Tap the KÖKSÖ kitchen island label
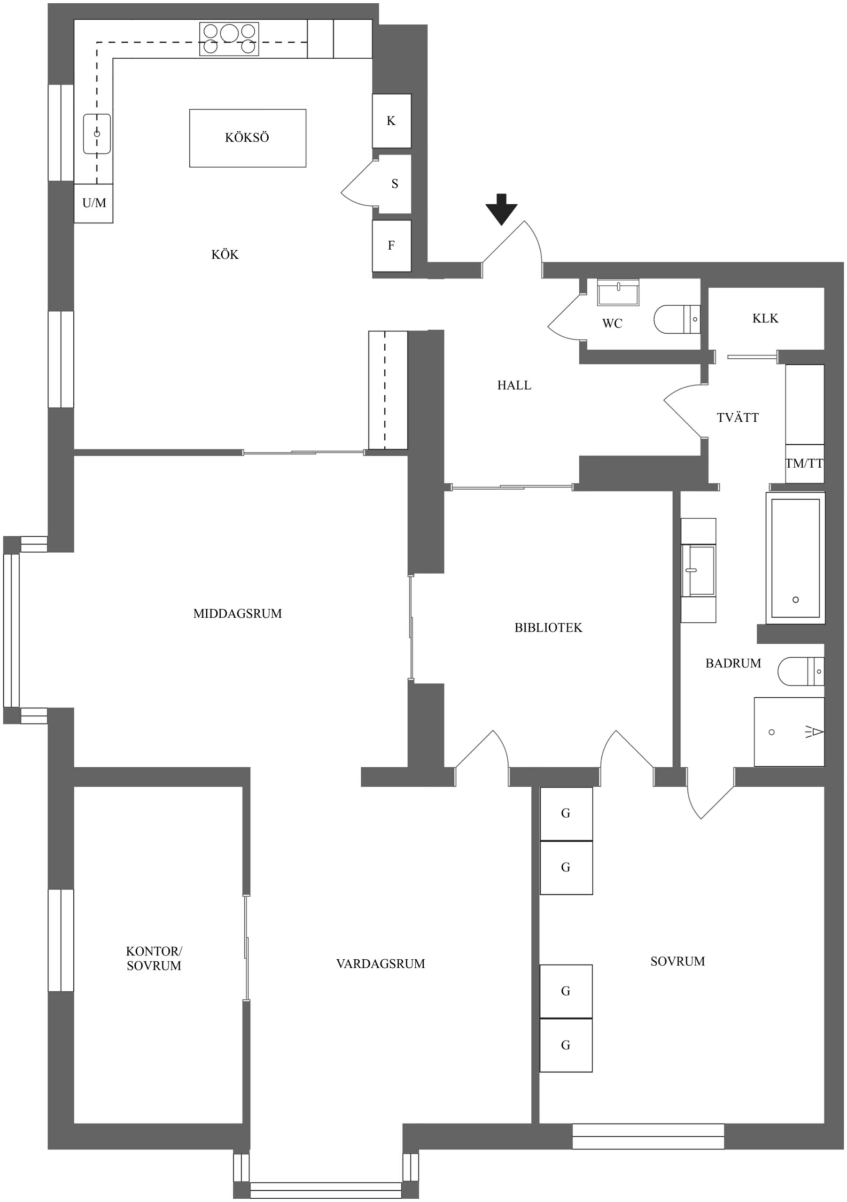(x=247, y=138)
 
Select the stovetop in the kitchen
(x=229, y=39)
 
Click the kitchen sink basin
(x=97, y=134)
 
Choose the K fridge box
(x=391, y=121)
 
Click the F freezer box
(x=391, y=246)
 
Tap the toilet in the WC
(x=677, y=318)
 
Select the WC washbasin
(x=618, y=293)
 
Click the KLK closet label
(x=765, y=318)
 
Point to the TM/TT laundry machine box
(x=805, y=463)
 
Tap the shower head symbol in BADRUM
(x=815, y=732)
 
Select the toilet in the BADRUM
(x=801, y=671)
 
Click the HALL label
(x=514, y=386)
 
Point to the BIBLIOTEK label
(x=548, y=628)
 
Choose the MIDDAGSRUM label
(x=237, y=614)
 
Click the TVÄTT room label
(x=738, y=418)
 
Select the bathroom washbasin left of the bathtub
(x=699, y=570)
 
